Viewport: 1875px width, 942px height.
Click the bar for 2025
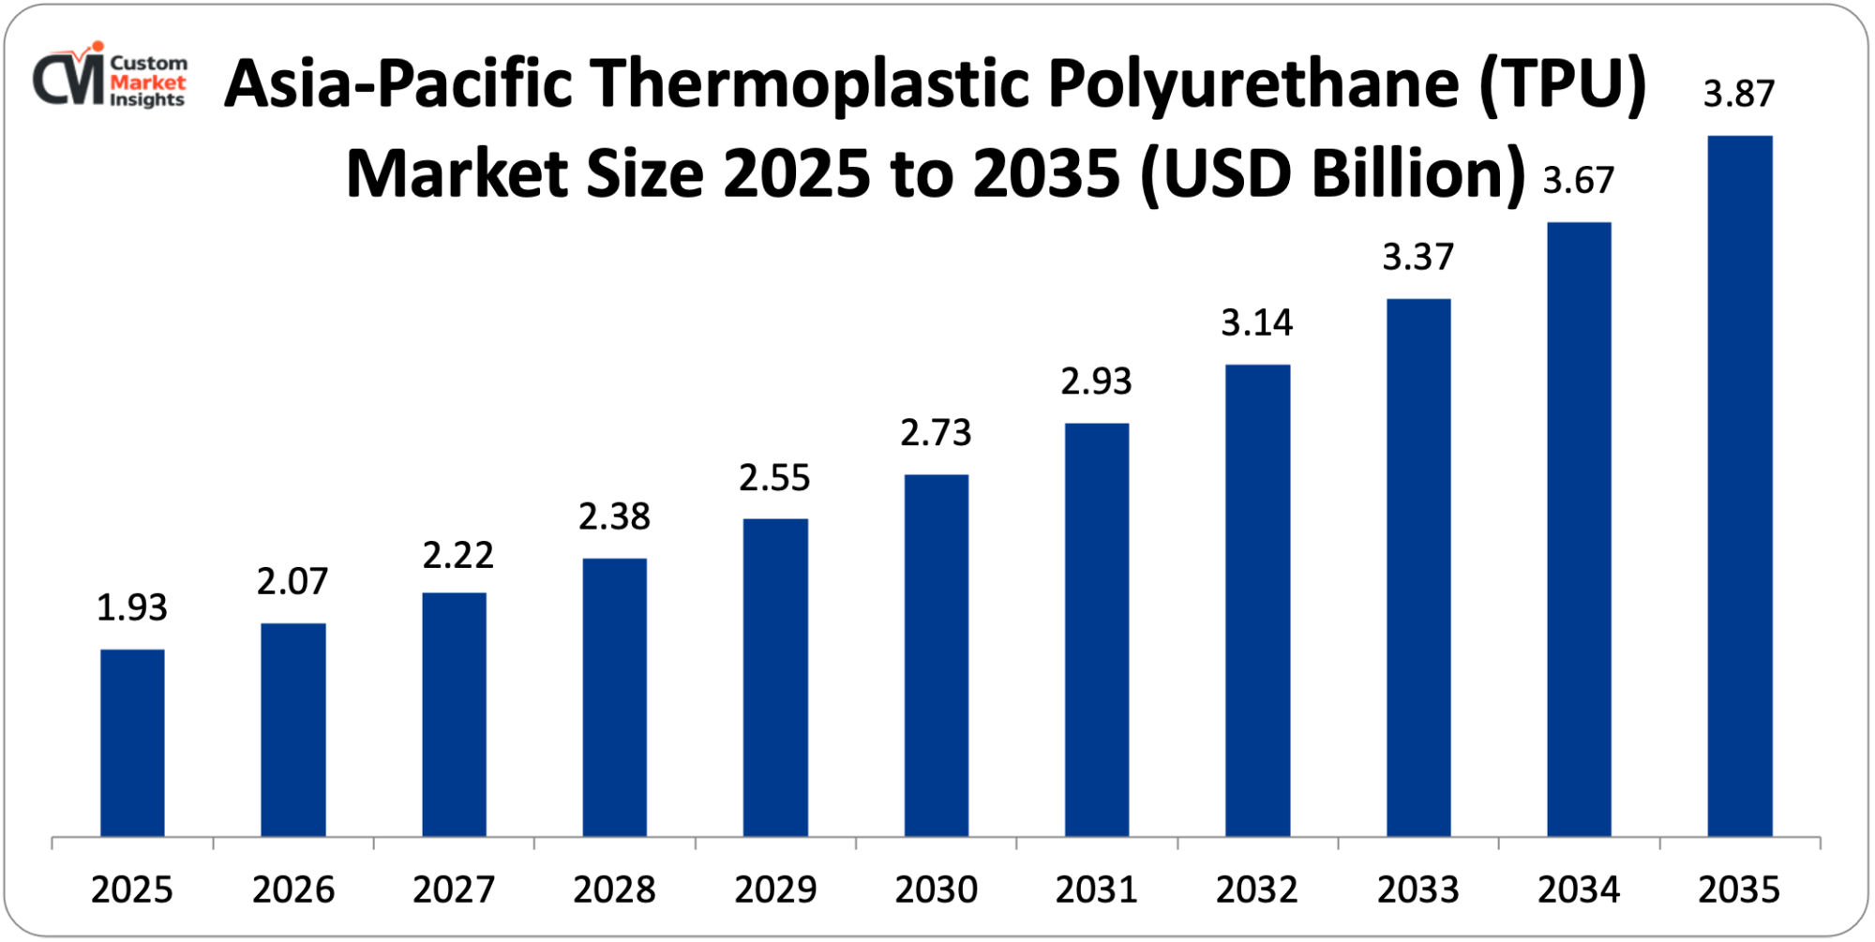point(132,742)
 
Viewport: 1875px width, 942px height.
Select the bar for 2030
point(936,655)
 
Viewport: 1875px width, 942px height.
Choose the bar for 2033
point(1418,567)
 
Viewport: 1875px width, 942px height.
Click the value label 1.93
point(132,608)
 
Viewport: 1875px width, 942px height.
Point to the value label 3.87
point(1739,94)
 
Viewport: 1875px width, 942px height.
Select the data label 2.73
point(936,433)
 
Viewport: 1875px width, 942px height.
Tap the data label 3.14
point(1257,323)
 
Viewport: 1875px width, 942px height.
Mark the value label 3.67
point(1579,180)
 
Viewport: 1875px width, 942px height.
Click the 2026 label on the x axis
point(292,890)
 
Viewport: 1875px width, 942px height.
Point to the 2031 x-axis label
point(1096,890)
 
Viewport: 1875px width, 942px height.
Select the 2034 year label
point(1579,890)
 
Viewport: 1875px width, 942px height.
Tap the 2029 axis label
point(775,890)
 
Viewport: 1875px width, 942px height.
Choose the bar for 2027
point(454,714)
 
